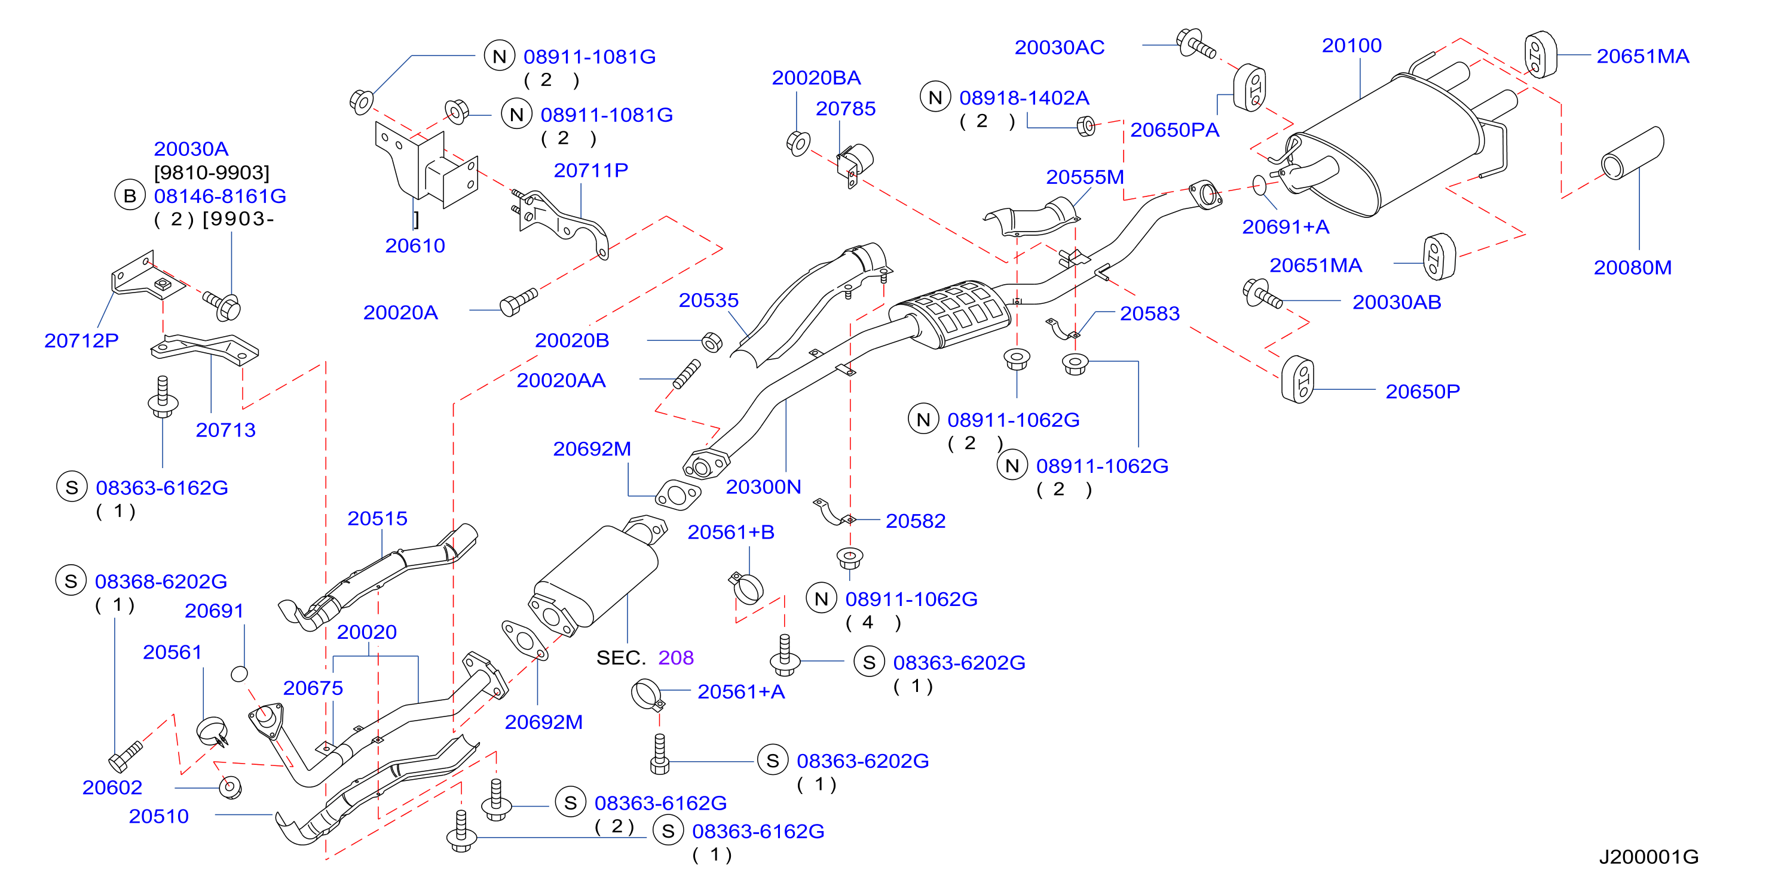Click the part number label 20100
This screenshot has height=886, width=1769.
(1351, 45)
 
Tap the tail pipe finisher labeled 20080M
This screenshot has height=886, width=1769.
(1632, 152)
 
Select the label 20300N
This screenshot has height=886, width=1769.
(763, 487)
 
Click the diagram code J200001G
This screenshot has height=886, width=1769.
(1648, 857)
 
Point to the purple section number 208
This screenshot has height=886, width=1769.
(676, 657)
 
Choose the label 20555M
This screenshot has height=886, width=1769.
(1084, 177)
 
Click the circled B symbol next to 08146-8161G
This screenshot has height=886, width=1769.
(130, 196)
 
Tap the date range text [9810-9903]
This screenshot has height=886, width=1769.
(212, 173)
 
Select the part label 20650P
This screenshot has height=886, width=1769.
(1422, 391)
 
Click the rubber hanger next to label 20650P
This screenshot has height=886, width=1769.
(1298, 379)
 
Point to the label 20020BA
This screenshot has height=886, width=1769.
(816, 78)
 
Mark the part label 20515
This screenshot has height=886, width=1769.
(377, 518)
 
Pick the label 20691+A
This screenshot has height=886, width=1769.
(1286, 226)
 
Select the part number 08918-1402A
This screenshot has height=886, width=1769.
(1024, 97)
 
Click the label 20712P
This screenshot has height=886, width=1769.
(81, 340)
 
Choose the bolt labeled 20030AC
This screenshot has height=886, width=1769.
(1196, 43)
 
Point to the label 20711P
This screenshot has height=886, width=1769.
(590, 170)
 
